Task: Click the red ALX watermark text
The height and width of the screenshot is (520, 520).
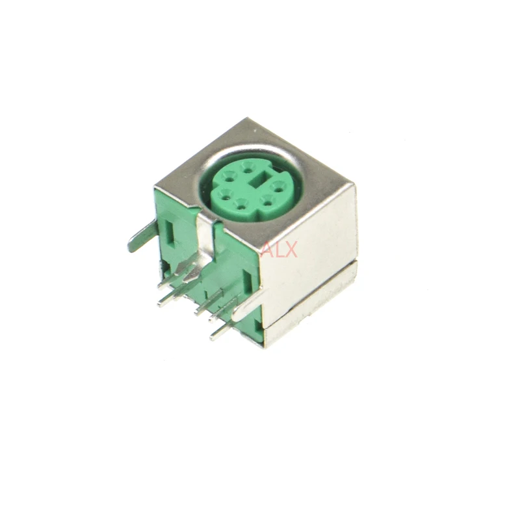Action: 279,250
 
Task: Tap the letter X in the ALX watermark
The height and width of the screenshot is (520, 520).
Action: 291,250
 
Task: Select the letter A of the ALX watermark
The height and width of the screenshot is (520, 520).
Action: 267,250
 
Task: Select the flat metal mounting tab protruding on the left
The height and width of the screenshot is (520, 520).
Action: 142,236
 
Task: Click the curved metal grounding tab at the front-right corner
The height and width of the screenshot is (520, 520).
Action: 250,305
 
